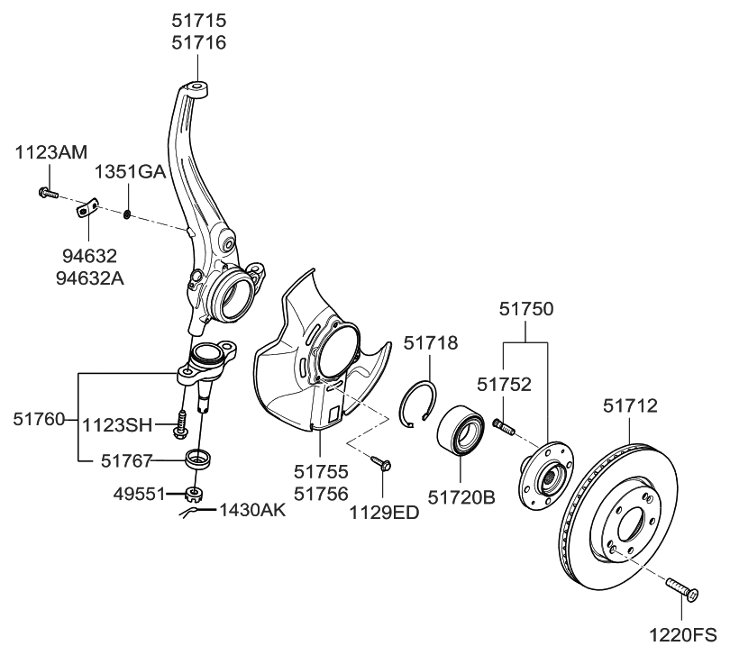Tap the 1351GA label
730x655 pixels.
pyautogui.click(x=131, y=171)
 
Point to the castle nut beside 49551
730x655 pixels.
pyautogui.click(x=191, y=493)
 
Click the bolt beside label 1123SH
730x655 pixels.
pyautogui.click(x=183, y=421)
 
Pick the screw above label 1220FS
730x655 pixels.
pyautogui.click(x=681, y=591)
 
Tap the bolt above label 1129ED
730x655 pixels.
pyautogui.click(x=380, y=463)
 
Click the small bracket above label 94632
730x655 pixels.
pyautogui.click(x=86, y=211)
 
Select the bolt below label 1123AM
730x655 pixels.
pyautogui.click(x=47, y=192)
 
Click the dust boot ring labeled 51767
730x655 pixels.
pyautogui.click(x=196, y=459)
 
